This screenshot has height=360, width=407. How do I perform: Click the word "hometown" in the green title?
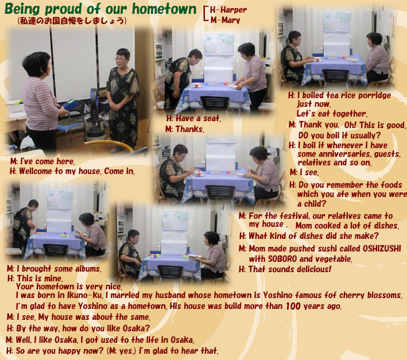coord(164,9)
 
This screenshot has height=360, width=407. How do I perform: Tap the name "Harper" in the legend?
coord(233,10)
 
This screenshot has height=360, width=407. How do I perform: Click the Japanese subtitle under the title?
coord(72,21)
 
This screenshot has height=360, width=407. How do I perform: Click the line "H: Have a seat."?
coord(193,118)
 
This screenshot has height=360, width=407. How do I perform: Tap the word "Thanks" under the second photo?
coord(189,129)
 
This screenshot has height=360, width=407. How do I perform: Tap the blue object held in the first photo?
coord(68,104)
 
